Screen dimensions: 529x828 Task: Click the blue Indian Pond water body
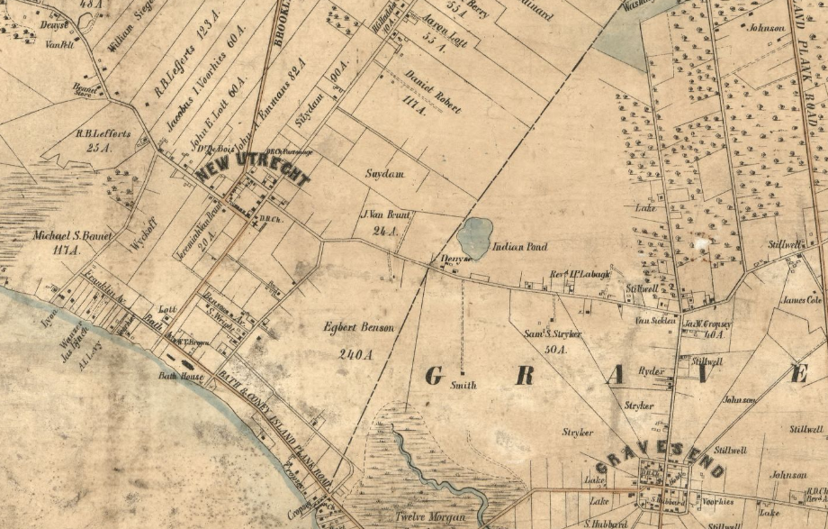474,237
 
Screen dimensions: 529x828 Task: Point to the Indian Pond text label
521,246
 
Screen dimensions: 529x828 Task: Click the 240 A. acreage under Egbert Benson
355,354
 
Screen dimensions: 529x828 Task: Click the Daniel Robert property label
427,90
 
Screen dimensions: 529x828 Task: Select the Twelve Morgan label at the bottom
430,517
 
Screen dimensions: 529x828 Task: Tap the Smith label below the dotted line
463,385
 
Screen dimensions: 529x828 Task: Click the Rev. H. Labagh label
580,275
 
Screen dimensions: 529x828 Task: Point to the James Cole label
802,300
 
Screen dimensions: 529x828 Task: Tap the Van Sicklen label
655,320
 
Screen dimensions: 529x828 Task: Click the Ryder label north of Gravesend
651,370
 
